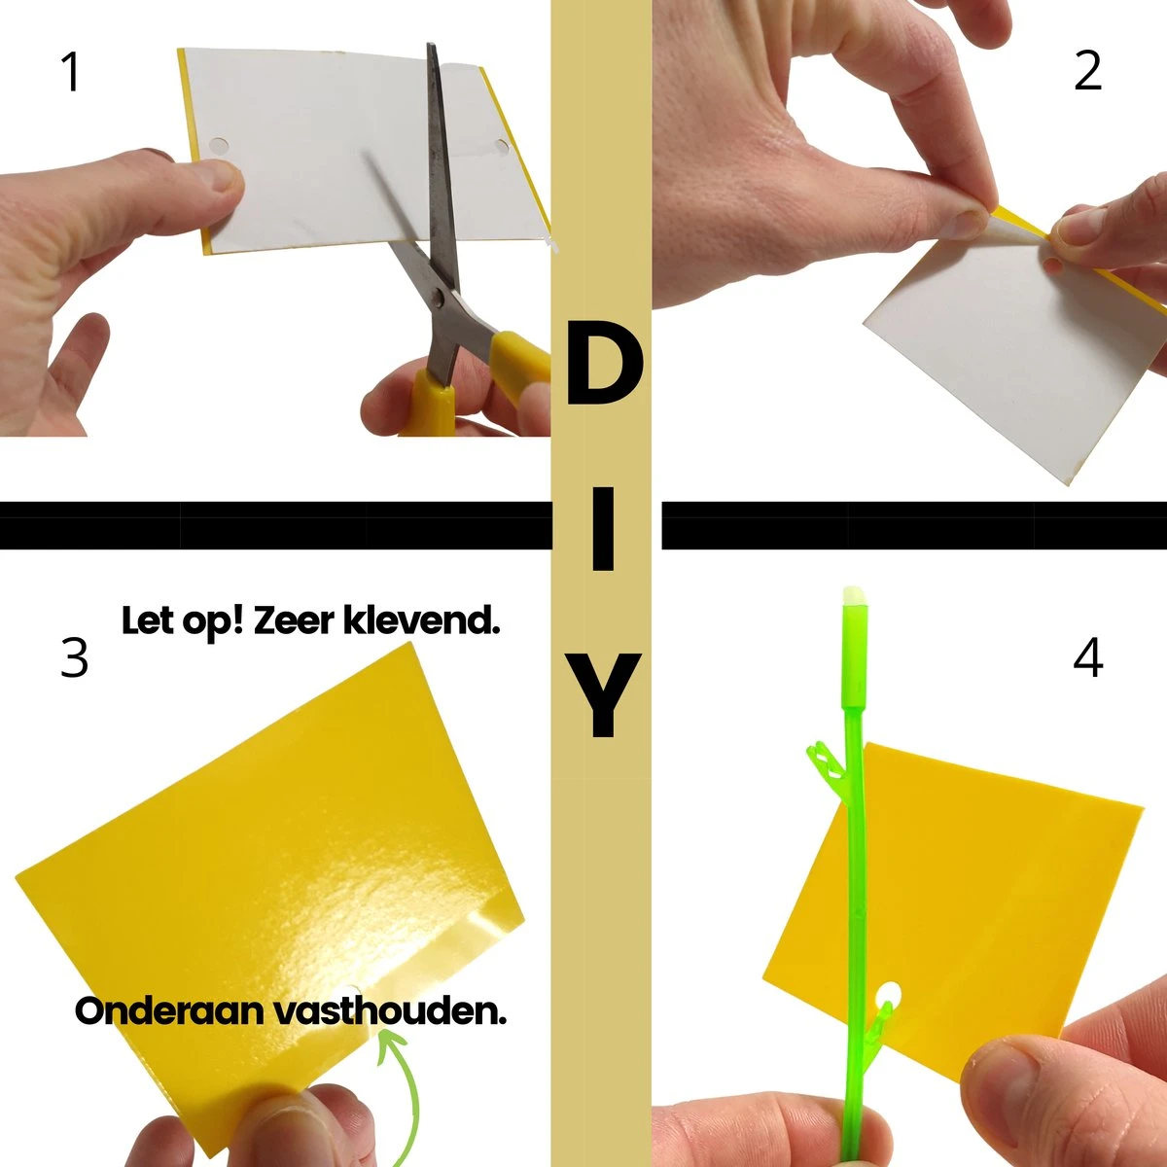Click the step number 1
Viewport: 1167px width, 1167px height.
[70, 73]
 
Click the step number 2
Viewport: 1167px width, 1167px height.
[1087, 71]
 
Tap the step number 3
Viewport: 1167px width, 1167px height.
[74, 658]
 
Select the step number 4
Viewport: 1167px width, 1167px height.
[1087, 658]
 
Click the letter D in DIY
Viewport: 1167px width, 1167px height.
[603, 367]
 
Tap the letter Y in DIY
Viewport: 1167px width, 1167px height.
[602, 695]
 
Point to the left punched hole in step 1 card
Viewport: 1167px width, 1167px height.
[220, 147]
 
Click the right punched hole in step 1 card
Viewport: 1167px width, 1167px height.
[502, 147]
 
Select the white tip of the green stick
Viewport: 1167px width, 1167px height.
[852, 594]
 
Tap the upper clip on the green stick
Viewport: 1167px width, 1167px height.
[822, 759]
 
